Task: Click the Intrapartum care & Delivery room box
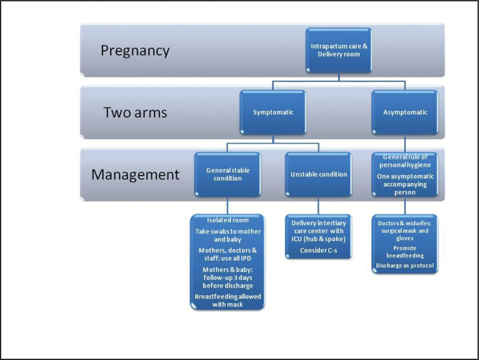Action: (x=339, y=50)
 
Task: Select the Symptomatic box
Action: (x=273, y=113)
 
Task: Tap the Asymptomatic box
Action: (x=405, y=113)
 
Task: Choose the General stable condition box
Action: (x=228, y=174)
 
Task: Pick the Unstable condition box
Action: (x=319, y=174)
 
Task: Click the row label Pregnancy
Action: (x=135, y=51)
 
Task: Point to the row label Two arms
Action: (x=135, y=113)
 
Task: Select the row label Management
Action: (x=135, y=175)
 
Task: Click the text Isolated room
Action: (x=228, y=220)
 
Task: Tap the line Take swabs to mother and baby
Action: (x=228, y=235)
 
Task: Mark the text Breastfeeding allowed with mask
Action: (x=228, y=301)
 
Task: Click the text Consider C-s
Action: (x=319, y=250)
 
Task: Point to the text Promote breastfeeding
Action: (x=405, y=252)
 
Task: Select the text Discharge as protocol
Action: (x=405, y=265)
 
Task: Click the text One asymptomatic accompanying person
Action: (x=405, y=184)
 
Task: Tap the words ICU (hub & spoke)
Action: (x=319, y=239)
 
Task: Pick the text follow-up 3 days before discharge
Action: (x=228, y=282)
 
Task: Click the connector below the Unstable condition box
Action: (x=319, y=205)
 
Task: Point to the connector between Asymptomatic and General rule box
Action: (x=405, y=144)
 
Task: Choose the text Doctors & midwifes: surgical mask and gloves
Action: (x=405, y=231)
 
